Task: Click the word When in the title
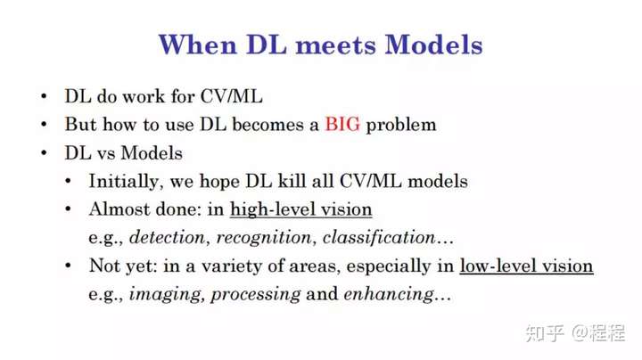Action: click(198, 45)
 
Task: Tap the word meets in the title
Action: click(336, 45)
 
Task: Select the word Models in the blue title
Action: click(434, 45)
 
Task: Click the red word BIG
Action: click(342, 124)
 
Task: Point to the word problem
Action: click(401, 126)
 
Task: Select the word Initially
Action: click(123, 182)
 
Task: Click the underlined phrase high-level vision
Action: click(301, 209)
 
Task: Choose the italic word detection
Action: click(167, 237)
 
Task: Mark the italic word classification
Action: click(379, 238)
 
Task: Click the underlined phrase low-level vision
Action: click(527, 266)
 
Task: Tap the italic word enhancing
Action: click(389, 295)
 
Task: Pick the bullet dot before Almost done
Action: click(68, 209)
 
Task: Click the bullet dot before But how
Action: click(44, 124)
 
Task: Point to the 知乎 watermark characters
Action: click(545, 333)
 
